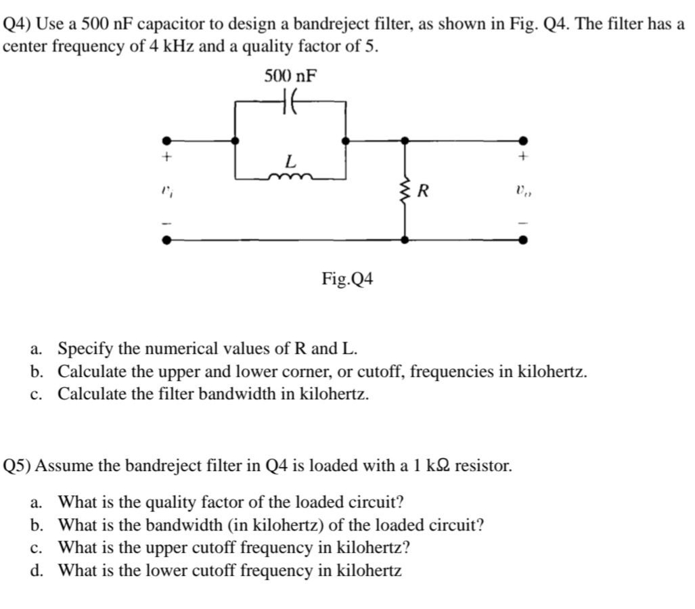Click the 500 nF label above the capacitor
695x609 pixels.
click(x=290, y=75)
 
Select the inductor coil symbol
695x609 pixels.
click(x=290, y=178)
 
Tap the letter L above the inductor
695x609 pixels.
click(x=290, y=162)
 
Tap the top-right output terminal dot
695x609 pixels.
click(x=522, y=141)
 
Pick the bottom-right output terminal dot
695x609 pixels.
click(x=522, y=239)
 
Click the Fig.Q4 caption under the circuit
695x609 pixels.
click(x=348, y=278)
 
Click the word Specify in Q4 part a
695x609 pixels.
click(x=85, y=349)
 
